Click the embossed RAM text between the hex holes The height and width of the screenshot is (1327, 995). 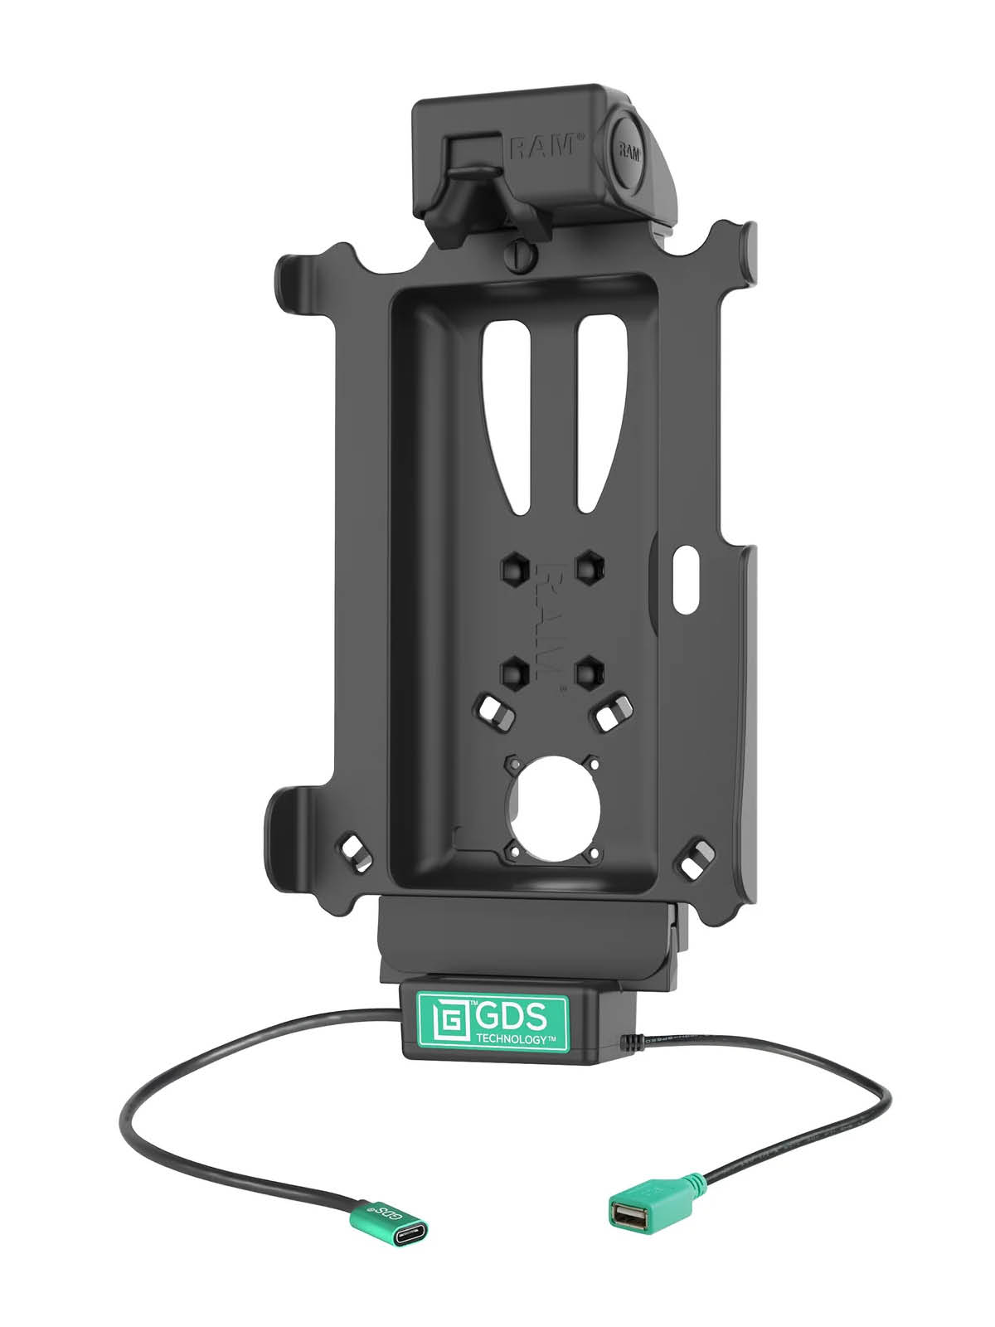[550, 618]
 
